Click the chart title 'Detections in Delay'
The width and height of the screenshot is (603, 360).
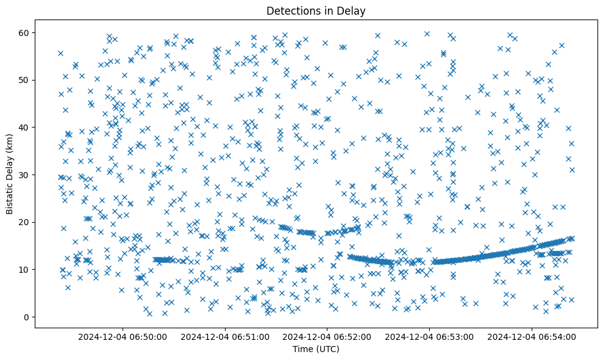tap(316, 11)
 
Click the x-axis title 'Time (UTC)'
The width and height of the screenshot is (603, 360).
tap(316, 350)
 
